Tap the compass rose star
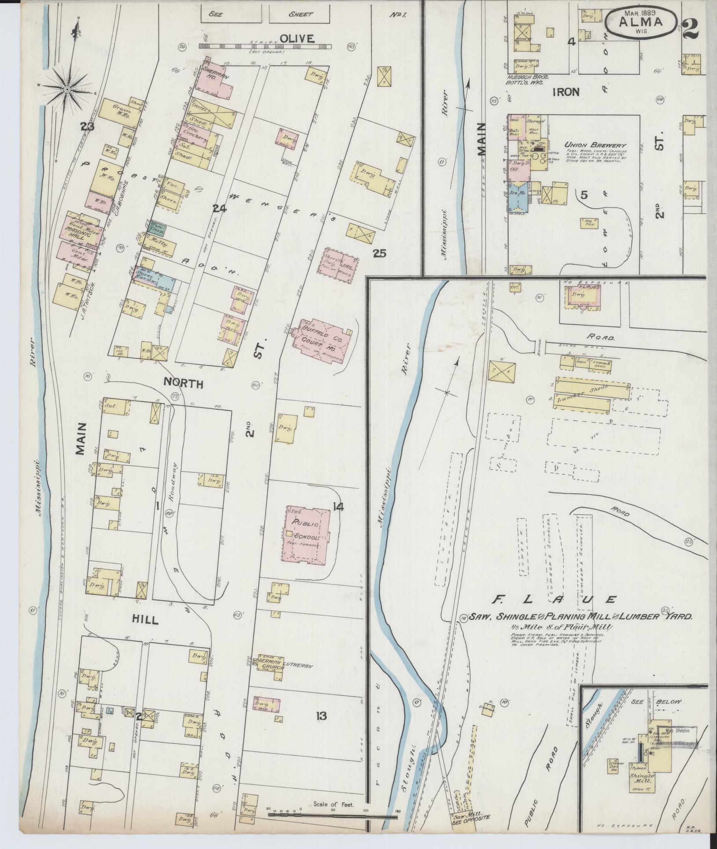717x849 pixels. (x=67, y=89)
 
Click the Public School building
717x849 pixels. (x=307, y=533)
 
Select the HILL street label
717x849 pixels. (x=144, y=620)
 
